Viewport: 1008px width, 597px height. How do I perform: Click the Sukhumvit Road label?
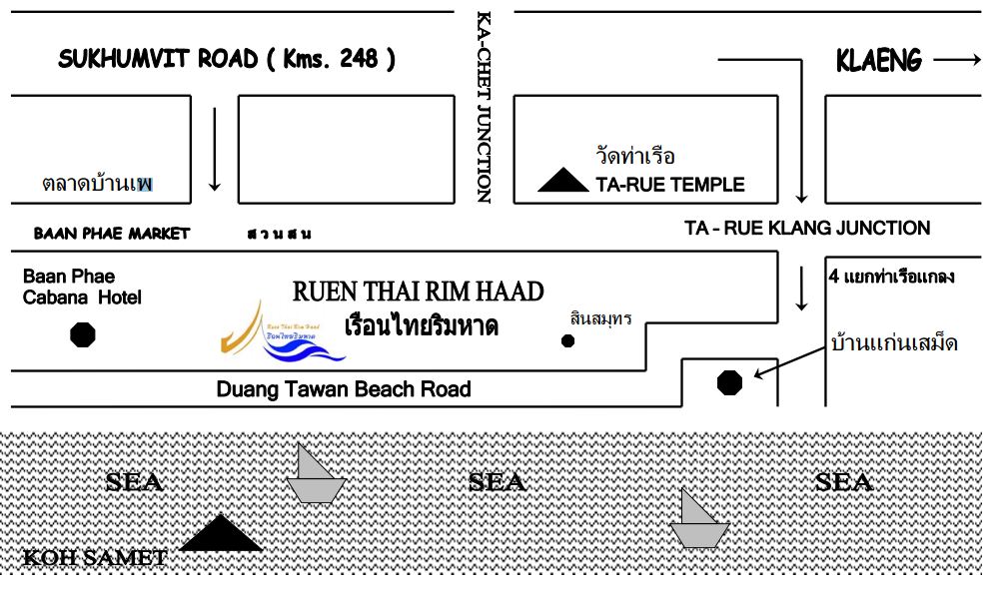coord(227,59)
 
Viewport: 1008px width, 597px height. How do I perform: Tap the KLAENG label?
coord(878,61)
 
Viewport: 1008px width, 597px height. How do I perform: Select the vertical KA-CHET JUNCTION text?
coord(484,107)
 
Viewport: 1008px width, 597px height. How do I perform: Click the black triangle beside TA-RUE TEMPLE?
coord(563,181)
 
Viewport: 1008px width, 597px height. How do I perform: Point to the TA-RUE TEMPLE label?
coord(669,185)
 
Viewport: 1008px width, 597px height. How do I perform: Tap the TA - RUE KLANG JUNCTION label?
coord(807,229)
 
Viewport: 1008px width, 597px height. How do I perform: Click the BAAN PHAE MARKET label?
coord(111,234)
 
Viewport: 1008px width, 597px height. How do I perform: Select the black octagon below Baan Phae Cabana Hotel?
coord(83,334)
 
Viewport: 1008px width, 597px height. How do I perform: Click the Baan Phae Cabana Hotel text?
coord(82,287)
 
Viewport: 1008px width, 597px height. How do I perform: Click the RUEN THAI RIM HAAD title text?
coord(419,292)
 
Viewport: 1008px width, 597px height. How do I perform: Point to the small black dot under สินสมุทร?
coord(567,341)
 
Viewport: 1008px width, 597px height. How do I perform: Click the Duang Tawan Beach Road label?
coord(344,389)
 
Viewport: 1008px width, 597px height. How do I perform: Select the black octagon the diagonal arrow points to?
coord(730,381)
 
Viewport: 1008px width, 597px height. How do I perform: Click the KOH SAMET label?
coord(95,557)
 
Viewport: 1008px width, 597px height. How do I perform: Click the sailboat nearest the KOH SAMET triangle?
coord(315,474)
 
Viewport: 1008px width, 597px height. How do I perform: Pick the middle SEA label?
coord(497,482)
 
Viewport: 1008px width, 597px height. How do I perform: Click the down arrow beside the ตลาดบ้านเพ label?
coord(214,150)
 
